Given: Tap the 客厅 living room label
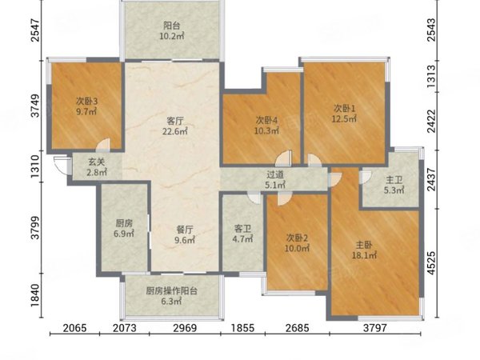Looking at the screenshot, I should tap(175, 120).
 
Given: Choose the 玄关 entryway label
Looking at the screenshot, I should tap(97, 160).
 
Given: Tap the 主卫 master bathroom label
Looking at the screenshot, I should tap(392, 180).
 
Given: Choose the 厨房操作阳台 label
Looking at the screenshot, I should tap(170, 291).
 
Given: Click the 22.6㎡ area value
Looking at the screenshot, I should tap(175, 132).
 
